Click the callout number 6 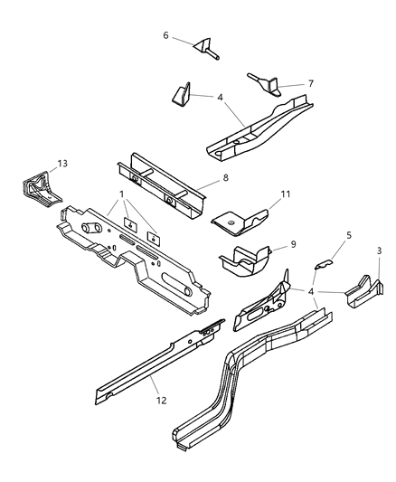pyautogui.click(x=165, y=35)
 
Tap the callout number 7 pyautogui.click(x=311, y=83)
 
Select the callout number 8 pyautogui.click(x=225, y=177)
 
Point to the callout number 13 pyautogui.click(x=62, y=163)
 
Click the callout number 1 pyautogui.click(x=122, y=194)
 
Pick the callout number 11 pyautogui.click(x=286, y=194)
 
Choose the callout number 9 pyautogui.click(x=293, y=244)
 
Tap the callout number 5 pyautogui.click(x=349, y=235)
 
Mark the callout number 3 pyautogui.click(x=379, y=250)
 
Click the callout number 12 pyautogui.click(x=161, y=401)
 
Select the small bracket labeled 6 pyautogui.click(x=206, y=48)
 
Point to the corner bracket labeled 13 pyautogui.click(x=40, y=190)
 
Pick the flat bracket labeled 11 pyautogui.click(x=240, y=222)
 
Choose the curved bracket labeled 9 pyautogui.click(x=246, y=260)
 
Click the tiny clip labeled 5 pyautogui.click(x=324, y=264)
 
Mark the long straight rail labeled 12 pyautogui.click(x=160, y=361)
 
